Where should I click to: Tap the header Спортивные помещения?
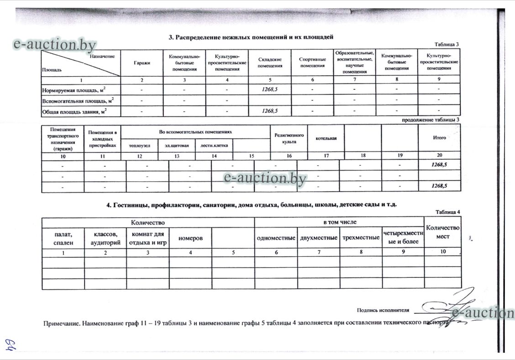(x=312, y=63)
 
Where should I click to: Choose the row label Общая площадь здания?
(x=74, y=111)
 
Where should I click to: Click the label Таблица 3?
(x=447, y=44)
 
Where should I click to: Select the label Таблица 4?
(x=448, y=212)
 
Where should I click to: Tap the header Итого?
(x=439, y=137)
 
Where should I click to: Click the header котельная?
(x=326, y=138)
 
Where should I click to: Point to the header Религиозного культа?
(x=289, y=138)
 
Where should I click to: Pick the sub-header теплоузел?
(x=139, y=146)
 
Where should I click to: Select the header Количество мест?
(x=442, y=232)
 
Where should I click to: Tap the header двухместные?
(x=319, y=238)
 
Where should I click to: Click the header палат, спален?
(x=63, y=238)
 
